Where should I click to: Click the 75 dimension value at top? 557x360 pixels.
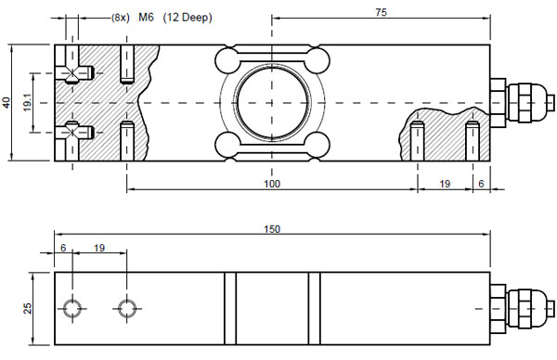pos(381,12)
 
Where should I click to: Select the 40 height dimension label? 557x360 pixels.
pos(9,103)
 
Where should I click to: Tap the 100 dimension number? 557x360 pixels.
pos(271,185)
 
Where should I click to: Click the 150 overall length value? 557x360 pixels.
pos(271,229)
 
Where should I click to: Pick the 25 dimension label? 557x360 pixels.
pos(29,307)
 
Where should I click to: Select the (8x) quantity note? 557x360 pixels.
pos(120,18)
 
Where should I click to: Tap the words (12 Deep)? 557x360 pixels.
pos(188,18)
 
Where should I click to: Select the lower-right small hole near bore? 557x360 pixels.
pos(317,145)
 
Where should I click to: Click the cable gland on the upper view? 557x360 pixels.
pos(520,103)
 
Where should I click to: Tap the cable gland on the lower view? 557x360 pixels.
pos(520,306)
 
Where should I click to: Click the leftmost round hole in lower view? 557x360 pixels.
pos(72,307)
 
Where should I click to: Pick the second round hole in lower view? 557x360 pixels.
pos(126,307)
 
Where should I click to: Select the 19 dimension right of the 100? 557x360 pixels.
pos(445,185)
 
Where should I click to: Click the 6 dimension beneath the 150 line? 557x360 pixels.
pos(63,249)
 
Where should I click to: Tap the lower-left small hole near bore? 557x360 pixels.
pos(227,145)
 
